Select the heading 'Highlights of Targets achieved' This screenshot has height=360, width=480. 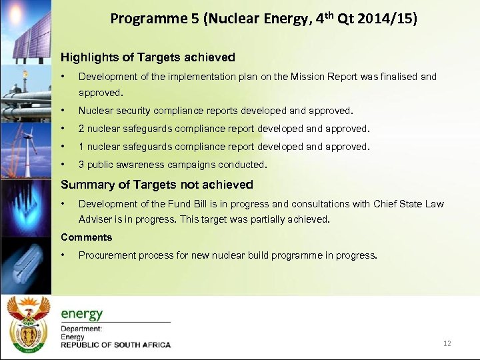[x=147, y=58]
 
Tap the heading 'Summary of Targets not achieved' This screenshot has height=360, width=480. [x=157, y=185]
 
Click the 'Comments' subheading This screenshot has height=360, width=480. [x=87, y=237]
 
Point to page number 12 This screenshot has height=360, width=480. [x=447, y=343]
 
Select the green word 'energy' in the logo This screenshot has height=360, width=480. [x=82, y=313]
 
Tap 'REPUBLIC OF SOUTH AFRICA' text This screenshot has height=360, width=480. [x=116, y=345]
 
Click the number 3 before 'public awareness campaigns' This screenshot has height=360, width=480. [x=81, y=165]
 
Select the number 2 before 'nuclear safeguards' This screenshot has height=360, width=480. [x=81, y=129]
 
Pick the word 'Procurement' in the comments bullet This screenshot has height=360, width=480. [x=105, y=255]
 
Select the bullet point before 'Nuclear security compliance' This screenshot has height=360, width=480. [x=63, y=111]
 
